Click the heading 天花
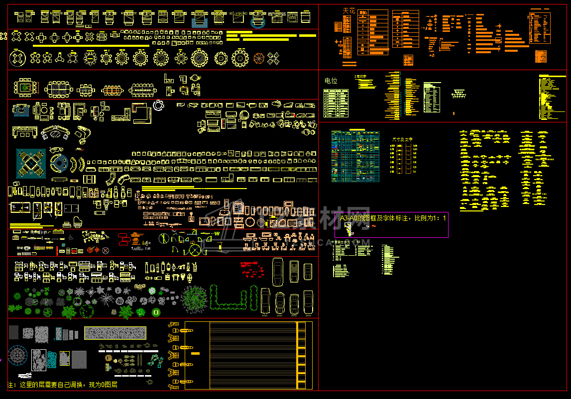coord(349,10)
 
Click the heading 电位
coord(331,81)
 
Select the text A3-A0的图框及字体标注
coord(373,218)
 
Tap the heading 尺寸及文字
coord(402,140)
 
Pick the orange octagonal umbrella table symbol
coord(260,58)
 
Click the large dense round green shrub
coord(193,299)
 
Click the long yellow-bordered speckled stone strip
coord(115,333)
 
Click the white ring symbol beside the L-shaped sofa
coord(159,105)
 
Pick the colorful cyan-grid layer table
coord(355,156)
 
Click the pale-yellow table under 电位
coord(336,103)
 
